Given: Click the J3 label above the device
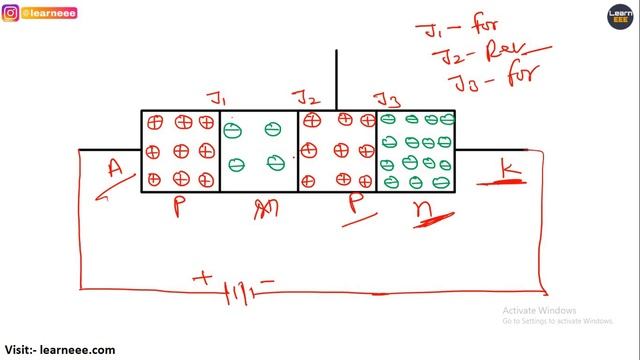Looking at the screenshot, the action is (x=386, y=98).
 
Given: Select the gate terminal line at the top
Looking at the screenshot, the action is (x=337, y=78).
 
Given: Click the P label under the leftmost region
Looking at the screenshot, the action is (x=180, y=208).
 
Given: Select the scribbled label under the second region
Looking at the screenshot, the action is (x=263, y=208).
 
